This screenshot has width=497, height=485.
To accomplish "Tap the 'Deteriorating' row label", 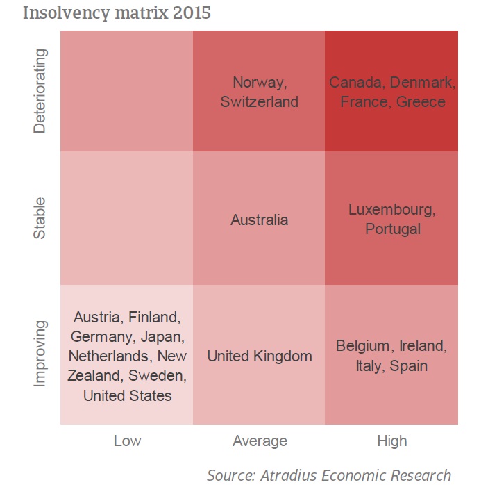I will point(42,91).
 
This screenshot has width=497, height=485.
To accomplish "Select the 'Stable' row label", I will point(42,219).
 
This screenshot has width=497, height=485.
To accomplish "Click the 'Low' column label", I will point(127,441).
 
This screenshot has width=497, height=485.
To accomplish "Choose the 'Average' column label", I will point(260,441).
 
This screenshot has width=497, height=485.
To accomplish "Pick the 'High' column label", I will point(392,441).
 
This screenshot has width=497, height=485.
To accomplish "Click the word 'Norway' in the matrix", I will point(258,83).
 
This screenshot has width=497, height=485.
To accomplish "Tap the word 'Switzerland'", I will point(260,101).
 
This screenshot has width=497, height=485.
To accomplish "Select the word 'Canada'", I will point(356,83).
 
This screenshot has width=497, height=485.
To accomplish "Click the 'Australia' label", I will point(260,220).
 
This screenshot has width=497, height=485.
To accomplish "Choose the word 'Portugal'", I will point(393,229).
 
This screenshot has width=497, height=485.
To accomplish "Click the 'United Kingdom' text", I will point(260,356).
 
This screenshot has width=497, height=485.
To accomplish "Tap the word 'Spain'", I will point(409,365).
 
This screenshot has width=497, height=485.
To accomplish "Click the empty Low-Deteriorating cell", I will point(127,91).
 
